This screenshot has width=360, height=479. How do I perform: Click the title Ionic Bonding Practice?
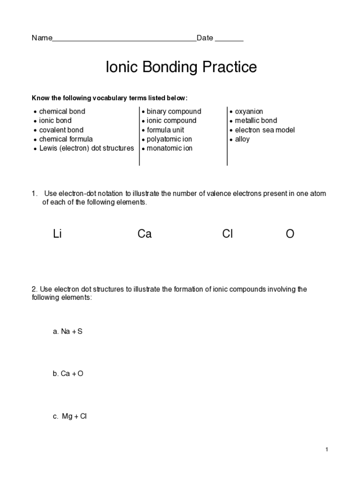click(181, 67)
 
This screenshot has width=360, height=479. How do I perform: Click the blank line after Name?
click(124, 39)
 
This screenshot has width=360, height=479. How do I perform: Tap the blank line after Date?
click(229, 39)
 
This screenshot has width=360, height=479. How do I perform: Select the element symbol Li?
click(58, 234)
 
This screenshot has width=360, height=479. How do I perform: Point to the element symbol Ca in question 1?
click(144, 234)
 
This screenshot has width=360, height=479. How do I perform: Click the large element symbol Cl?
click(228, 234)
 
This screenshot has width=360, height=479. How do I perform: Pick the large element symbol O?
click(290, 234)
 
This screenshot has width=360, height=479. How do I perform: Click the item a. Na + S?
click(68, 332)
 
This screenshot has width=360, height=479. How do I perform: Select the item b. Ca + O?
click(68, 374)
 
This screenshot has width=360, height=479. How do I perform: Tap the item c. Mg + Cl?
click(70, 416)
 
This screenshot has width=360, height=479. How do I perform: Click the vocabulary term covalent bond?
click(61, 130)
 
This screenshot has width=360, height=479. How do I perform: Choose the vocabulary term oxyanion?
click(249, 111)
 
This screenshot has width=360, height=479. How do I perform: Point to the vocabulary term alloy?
click(242, 139)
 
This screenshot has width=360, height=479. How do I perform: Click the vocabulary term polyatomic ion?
click(169, 139)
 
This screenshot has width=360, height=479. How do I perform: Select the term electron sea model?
click(265, 130)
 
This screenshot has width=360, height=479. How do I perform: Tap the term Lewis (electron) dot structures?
click(86, 148)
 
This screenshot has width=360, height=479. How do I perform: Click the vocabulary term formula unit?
click(166, 130)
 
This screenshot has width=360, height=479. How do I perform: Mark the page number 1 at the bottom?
click(327, 450)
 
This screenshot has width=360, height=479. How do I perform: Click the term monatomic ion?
click(169, 148)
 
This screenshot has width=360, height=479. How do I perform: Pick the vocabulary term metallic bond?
click(256, 121)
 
